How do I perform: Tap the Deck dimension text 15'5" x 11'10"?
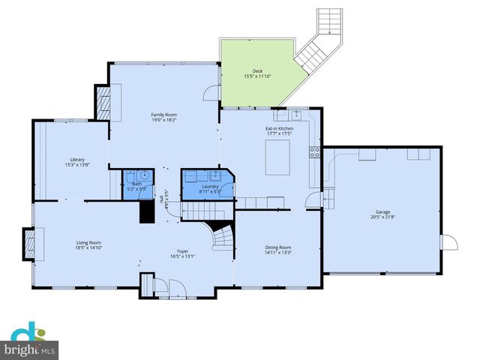pyautogui.click(x=257, y=76)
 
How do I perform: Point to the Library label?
pyautogui.click(x=78, y=159)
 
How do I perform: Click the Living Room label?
pyautogui.click(x=88, y=242)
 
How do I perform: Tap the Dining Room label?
pyautogui.click(x=277, y=247)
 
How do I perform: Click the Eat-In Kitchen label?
pyautogui.click(x=279, y=129)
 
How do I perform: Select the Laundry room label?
pyautogui.click(x=210, y=186)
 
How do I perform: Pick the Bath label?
pyautogui.click(x=136, y=184)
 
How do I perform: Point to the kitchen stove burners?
pyautogui.click(x=315, y=152)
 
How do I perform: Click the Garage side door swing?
pyautogui.click(x=449, y=244)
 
